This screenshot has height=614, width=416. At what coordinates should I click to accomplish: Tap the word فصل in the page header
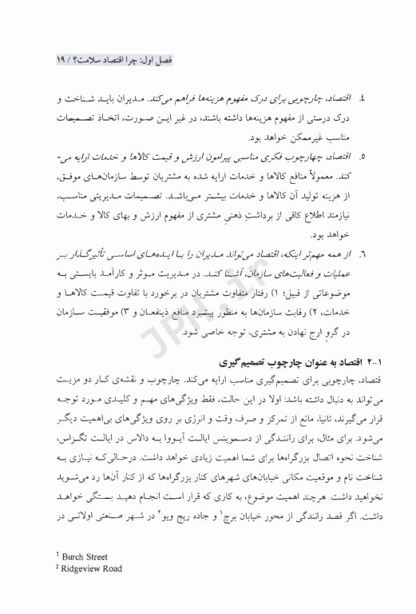(x=169, y=59)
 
